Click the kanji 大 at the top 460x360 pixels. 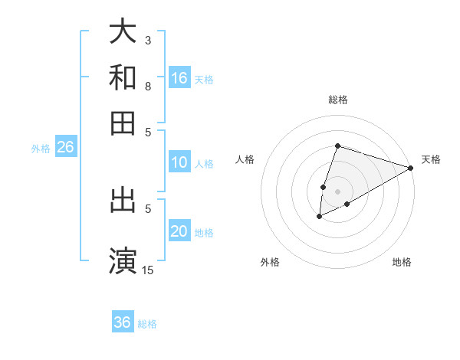coord(123,33)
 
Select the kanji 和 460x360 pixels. coord(123,77)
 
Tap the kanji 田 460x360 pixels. coord(123,123)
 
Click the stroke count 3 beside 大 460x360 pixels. coord(148,40)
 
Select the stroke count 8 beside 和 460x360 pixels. coord(148,86)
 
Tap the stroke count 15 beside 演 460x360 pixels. coord(148,269)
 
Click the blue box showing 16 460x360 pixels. coord(179,77)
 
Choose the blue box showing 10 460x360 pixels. coord(179,162)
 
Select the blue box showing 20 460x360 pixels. coord(179,231)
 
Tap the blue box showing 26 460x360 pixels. coord(65,148)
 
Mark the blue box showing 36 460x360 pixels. coord(123,322)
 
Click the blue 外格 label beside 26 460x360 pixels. coord(41,149)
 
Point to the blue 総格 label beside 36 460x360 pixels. coord(147,324)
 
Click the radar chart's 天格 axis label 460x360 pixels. coord(431,159)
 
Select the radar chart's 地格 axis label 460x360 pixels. coord(402,262)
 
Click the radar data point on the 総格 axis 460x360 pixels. coord(337,146)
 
